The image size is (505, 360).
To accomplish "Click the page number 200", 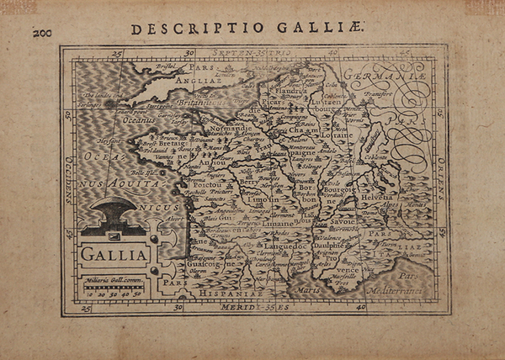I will (42, 33).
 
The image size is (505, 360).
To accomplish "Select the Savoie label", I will (343, 222).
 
